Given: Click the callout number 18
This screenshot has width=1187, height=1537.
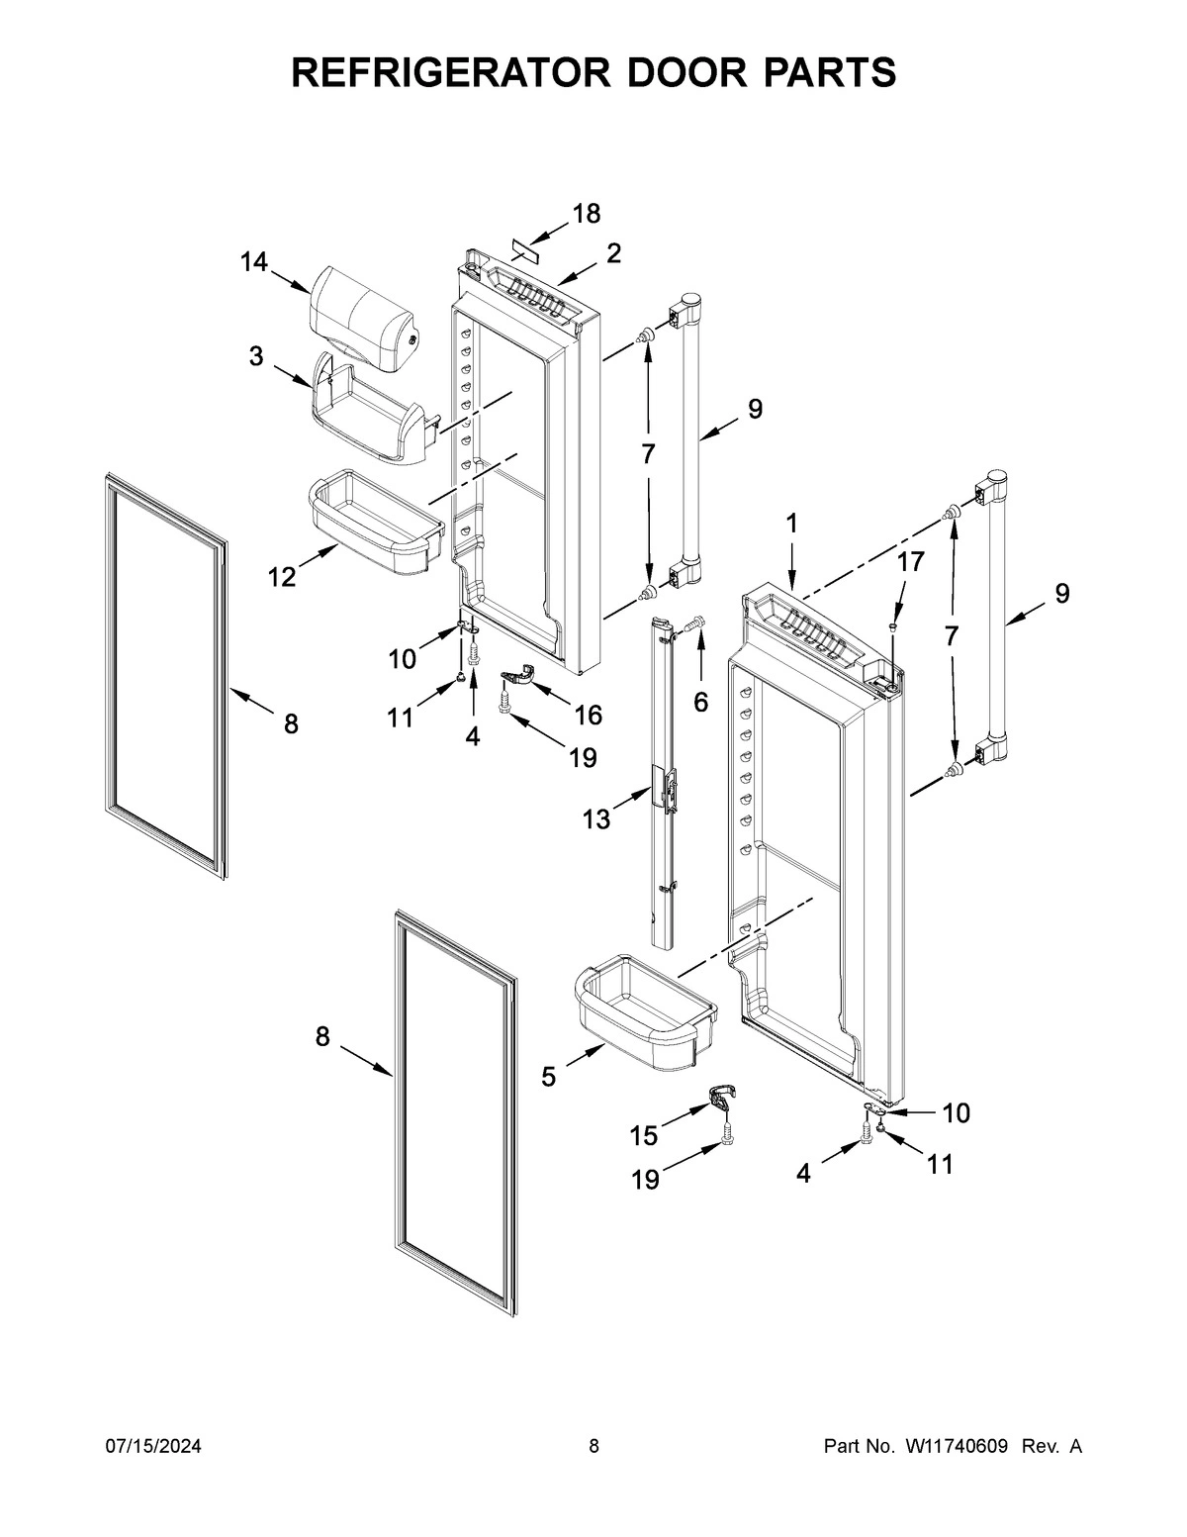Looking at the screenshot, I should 587,214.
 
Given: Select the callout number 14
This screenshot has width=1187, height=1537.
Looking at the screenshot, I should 253,262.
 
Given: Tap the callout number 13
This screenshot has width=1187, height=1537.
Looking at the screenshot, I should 596,819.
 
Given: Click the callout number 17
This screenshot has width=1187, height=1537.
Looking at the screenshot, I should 910,562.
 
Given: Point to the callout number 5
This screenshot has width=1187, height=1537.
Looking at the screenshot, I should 549,1077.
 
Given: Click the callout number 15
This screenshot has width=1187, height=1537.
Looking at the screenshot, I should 644,1136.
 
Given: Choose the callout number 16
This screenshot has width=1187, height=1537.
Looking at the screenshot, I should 588,715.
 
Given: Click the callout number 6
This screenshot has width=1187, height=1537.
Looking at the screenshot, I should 700,702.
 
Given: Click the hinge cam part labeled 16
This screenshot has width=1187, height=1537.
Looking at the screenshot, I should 518,677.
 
